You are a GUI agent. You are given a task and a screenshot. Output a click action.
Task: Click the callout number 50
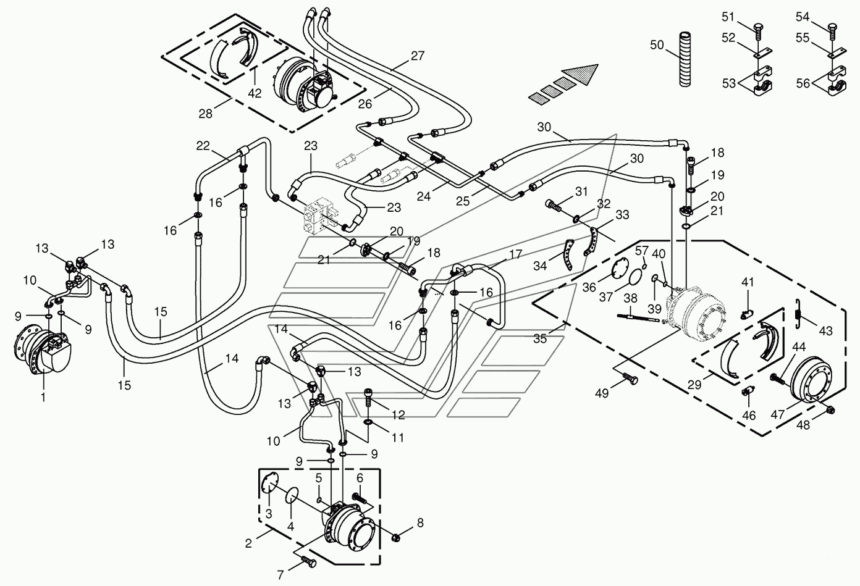pos(657,45)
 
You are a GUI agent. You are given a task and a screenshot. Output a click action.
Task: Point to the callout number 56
pos(803,83)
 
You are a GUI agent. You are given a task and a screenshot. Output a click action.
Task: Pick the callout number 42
pos(255,93)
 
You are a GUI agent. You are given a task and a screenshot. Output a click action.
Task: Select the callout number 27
pos(417,56)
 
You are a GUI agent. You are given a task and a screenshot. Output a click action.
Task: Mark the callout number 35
pos(540,338)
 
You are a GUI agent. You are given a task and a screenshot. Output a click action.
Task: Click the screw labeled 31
pos(554,206)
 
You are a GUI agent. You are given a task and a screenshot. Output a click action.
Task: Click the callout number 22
pos(203,146)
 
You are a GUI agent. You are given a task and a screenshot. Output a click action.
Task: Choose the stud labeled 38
pos(638,317)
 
